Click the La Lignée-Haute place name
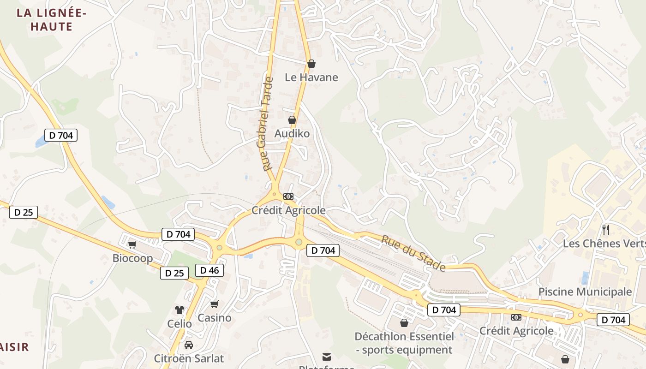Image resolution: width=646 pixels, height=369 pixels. pyautogui.click(x=51, y=20)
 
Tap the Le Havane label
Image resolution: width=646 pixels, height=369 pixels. pyautogui.click(x=311, y=77)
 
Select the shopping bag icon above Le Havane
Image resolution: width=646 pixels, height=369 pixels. pyautogui.click(x=311, y=64)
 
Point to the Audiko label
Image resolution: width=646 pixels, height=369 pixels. pyautogui.click(x=292, y=133)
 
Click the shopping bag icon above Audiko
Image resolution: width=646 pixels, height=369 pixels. pyautogui.click(x=292, y=120)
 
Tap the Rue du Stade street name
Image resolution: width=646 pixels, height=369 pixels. pyautogui.click(x=413, y=253)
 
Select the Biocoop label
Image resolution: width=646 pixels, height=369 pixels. pyautogui.click(x=132, y=258)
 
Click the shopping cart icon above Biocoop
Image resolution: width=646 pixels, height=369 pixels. pyautogui.click(x=132, y=244)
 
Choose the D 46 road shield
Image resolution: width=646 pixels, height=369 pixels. pyautogui.click(x=209, y=270)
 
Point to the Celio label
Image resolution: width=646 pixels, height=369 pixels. pyautogui.click(x=179, y=323)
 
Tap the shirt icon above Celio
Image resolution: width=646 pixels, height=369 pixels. pyautogui.click(x=179, y=310)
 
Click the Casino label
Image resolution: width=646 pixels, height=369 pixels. pyautogui.click(x=215, y=318)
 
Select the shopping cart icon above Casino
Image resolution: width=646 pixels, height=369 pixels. pyautogui.click(x=214, y=304)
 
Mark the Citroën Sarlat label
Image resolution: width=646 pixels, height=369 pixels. pyautogui.click(x=189, y=358)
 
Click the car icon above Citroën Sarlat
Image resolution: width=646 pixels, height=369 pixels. pyautogui.click(x=189, y=345)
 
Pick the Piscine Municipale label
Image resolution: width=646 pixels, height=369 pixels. pyautogui.click(x=585, y=292)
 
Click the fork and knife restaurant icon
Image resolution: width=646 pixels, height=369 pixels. pyautogui.click(x=606, y=229)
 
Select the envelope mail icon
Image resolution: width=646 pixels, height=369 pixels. pyautogui.click(x=327, y=357)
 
